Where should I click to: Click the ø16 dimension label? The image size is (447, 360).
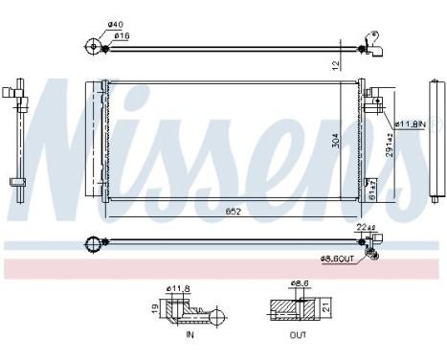click(x=122, y=36)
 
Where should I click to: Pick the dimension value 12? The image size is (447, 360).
click(x=335, y=64)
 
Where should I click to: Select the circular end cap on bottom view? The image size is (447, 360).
click(x=93, y=243)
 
